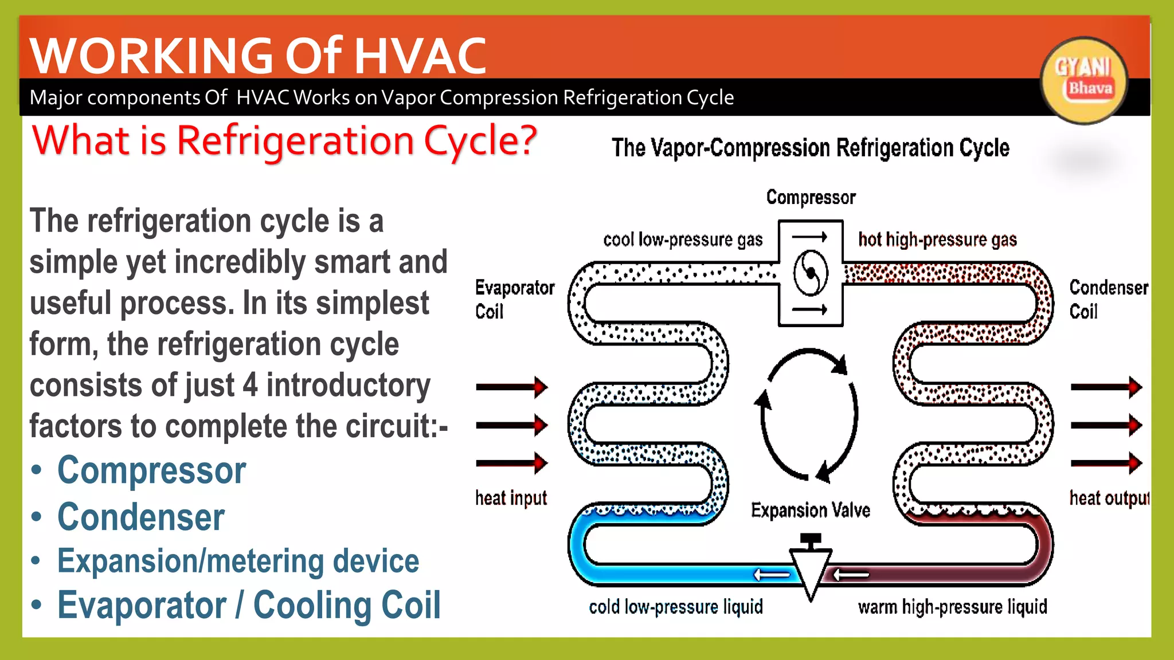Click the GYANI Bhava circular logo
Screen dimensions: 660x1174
pyautogui.click(x=1083, y=80)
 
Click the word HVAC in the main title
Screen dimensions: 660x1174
pyautogui.click(x=420, y=56)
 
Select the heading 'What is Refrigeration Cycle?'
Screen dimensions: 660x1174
pyautogui.click(x=284, y=141)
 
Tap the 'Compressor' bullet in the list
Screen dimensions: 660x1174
pyautogui.click(x=151, y=471)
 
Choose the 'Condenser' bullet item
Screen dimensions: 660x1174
pyautogui.click(x=141, y=517)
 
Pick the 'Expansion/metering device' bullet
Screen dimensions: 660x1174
pyautogui.click(x=238, y=561)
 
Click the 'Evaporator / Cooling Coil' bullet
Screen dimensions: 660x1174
pyautogui.click(x=249, y=606)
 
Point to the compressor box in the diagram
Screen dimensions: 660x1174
pyautogui.click(x=811, y=273)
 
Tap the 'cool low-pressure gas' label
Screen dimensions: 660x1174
pyautogui.click(x=683, y=239)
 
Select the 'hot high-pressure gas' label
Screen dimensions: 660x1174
pyautogui.click(x=937, y=239)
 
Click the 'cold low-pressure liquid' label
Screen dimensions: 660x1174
pyautogui.click(x=676, y=607)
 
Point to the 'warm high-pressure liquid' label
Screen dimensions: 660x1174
pyautogui.click(x=952, y=607)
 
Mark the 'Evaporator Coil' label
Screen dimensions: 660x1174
pyautogui.click(x=514, y=299)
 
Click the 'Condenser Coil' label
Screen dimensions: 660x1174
pyautogui.click(x=1108, y=299)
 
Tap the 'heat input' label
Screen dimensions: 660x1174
pyautogui.click(x=511, y=498)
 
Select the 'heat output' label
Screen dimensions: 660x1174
pyautogui.click(x=1109, y=498)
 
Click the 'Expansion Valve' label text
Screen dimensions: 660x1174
pyautogui.click(x=811, y=510)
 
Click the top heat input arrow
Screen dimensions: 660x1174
pyautogui.click(x=511, y=387)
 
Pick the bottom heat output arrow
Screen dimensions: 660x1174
pyautogui.click(x=1106, y=463)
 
